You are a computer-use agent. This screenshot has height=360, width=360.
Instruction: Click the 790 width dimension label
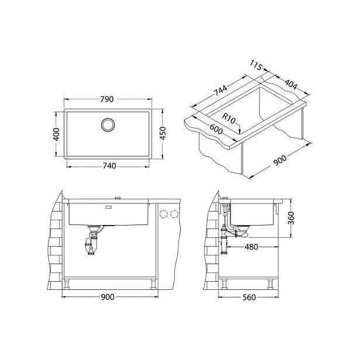(107, 99)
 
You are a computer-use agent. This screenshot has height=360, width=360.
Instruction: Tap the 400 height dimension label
(56, 134)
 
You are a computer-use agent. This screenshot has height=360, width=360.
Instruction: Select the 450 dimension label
(162, 133)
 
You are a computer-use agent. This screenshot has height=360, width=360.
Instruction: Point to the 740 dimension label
(109, 165)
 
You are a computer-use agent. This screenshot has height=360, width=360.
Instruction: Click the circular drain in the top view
(108, 124)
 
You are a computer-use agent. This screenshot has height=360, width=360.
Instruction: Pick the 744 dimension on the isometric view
(220, 91)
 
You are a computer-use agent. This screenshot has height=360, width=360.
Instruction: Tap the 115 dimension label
(256, 65)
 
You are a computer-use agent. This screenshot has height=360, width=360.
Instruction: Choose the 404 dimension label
(291, 84)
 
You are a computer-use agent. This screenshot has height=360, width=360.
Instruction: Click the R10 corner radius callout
(229, 119)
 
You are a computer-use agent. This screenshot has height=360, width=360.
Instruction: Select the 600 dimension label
(216, 129)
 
